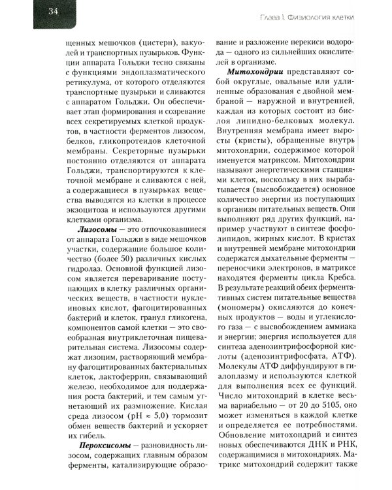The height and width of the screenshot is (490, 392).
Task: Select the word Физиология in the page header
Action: pos(316,15)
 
